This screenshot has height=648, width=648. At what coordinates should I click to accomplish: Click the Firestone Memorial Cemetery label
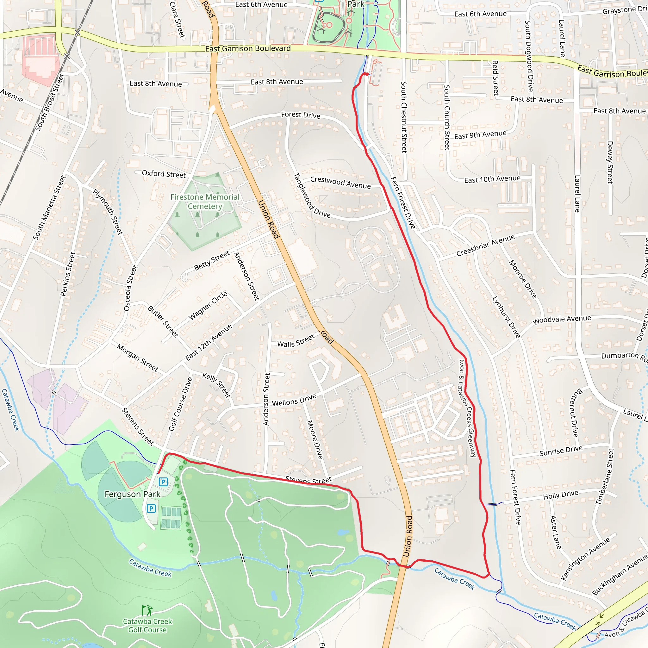[205, 202]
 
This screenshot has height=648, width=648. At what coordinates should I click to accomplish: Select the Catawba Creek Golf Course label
[147, 626]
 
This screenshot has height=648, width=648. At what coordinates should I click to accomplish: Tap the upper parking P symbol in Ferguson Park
[163, 482]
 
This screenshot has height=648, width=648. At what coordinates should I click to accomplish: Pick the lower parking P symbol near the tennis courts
[151, 508]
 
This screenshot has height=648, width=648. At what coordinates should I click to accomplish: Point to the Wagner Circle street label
[208, 306]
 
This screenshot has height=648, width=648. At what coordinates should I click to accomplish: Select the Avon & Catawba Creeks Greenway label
[467, 408]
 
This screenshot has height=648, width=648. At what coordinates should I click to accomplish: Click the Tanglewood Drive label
[312, 196]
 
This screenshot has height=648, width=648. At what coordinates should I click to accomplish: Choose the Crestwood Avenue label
[340, 183]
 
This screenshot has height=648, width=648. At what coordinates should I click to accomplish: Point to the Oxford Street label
[164, 174]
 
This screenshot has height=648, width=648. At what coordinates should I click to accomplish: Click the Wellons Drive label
[294, 400]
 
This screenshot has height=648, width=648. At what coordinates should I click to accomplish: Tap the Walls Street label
[296, 341]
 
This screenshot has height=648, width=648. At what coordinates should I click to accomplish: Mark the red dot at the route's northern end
[367, 74]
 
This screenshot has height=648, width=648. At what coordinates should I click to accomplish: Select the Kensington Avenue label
[585, 559]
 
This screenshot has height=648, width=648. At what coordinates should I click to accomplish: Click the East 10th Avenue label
[492, 179]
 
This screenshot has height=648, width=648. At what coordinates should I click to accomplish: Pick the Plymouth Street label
[108, 212]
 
